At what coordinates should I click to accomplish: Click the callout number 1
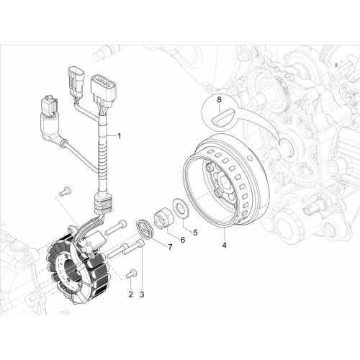[x=119, y=136]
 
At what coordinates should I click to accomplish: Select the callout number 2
[x=131, y=294]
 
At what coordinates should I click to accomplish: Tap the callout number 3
[x=142, y=294]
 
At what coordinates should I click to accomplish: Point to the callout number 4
[x=225, y=246]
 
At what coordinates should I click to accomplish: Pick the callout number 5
[x=195, y=233]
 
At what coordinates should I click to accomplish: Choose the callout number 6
[x=183, y=240]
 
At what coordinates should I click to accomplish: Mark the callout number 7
[x=170, y=247]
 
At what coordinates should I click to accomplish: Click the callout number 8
[x=220, y=100]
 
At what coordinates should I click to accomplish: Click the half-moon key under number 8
[x=221, y=117]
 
